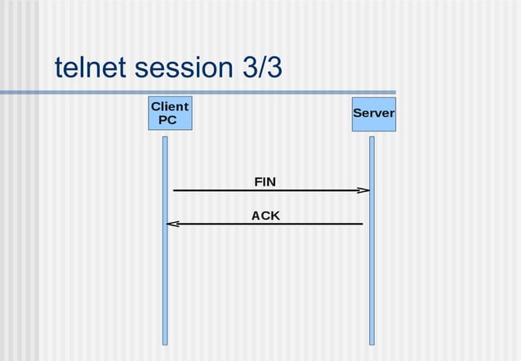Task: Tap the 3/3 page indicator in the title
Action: [263, 68]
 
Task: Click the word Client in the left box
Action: [170, 106]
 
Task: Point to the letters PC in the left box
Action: [167, 120]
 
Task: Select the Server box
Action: [373, 114]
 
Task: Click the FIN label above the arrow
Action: [265, 181]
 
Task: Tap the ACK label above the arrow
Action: [265, 216]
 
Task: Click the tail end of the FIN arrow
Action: [175, 190]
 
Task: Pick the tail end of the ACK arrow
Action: [362, 224]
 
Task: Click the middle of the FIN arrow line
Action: [269, 190]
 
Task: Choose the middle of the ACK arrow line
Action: [266, 224]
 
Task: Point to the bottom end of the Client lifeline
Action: [164, 343]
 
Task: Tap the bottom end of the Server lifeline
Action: [372, 343]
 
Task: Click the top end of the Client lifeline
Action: [164, 138]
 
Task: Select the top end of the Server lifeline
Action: [372, 138]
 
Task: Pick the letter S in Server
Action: [357, 114]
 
